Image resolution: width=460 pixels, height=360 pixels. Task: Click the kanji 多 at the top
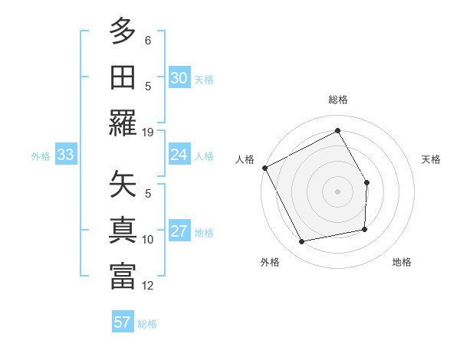(x=123, y=31)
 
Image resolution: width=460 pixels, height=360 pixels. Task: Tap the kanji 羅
(x=123, y=122)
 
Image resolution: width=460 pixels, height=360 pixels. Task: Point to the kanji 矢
(x=123, y=185)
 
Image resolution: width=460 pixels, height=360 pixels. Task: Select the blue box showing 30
(x=179, y=78)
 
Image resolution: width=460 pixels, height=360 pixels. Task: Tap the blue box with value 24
(x=179, y=155)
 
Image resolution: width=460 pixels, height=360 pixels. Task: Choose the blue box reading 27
(x=179, y=232)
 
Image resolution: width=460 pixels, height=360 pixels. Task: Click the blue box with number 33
(x=65, y=155)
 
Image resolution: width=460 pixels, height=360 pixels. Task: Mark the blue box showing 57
(x=123, y=322)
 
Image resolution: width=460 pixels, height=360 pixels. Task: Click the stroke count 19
(x=148, y=132)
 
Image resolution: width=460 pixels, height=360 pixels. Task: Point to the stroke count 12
(x=148, y=286)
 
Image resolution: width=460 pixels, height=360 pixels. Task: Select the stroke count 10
(x=148, y=240)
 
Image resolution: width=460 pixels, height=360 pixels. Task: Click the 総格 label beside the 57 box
(x=147, y=324)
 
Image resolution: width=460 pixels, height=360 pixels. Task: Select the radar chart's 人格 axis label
(x=245, y=159)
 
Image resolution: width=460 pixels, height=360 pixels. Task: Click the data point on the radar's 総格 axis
(x=337, y=131)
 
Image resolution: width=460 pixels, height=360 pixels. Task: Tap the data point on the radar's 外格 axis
(x=302, y=242)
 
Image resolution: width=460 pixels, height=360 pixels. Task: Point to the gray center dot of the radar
(x=337, y=191)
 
